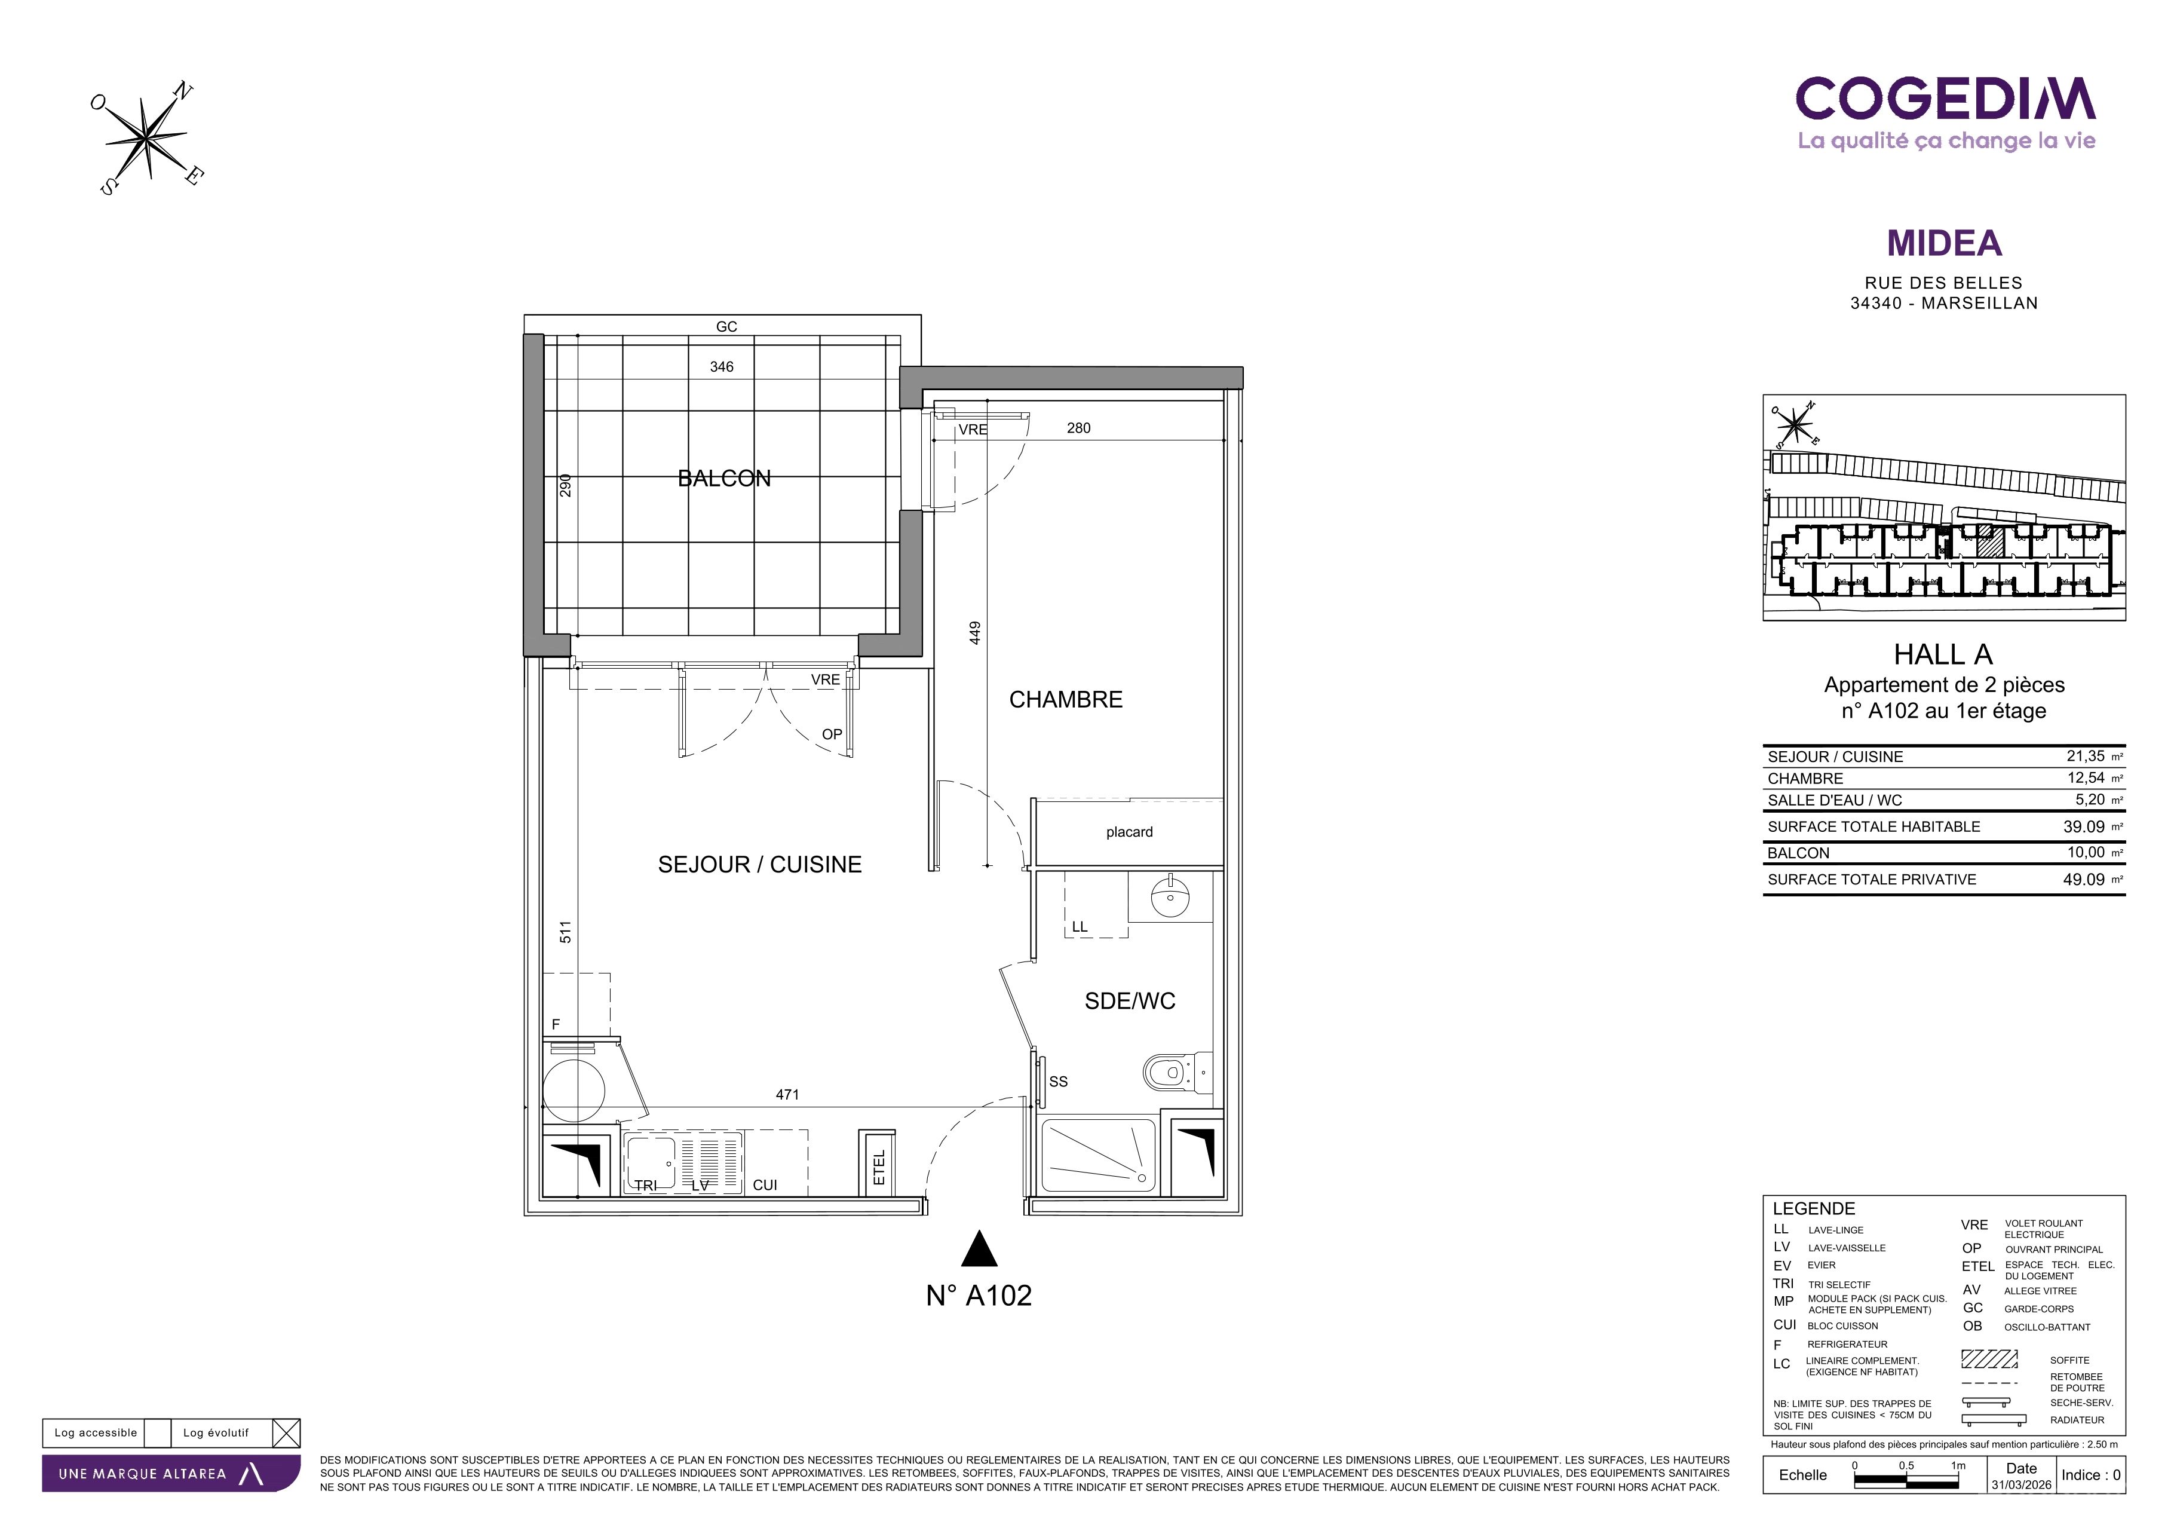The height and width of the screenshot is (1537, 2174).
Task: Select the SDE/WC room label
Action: click(1130, 1001)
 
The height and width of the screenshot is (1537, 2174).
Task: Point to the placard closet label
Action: click(1130, 832)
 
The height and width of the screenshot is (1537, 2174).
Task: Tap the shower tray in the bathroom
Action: click(1099, 1155)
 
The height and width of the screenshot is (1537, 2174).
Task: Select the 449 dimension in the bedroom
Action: click(975, 633)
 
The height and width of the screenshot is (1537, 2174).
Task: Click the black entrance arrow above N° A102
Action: click(979, 1249)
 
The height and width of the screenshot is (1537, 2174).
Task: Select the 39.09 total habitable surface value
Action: click(2084, 826)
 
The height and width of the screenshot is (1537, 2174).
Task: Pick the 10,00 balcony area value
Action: click(2086, 852)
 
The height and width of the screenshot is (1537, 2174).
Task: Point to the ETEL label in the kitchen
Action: click(879, 1168)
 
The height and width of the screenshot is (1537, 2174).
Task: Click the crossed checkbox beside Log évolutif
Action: click(286, 1433)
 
